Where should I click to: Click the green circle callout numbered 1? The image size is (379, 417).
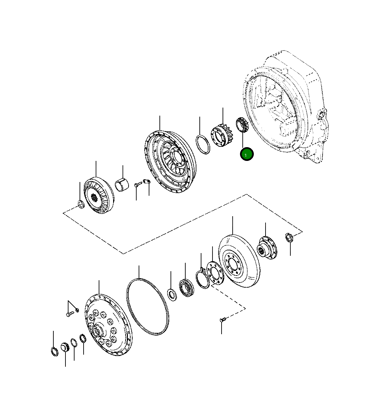click(x=246, y=155)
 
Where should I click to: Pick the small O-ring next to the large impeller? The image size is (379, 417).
click(x=203, y=144)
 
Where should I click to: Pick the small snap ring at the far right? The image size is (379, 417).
click(x=290, y=237)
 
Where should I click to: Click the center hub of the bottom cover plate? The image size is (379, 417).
click(x=98, y=332)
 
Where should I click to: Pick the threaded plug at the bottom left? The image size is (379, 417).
click(x=65, y=347)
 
